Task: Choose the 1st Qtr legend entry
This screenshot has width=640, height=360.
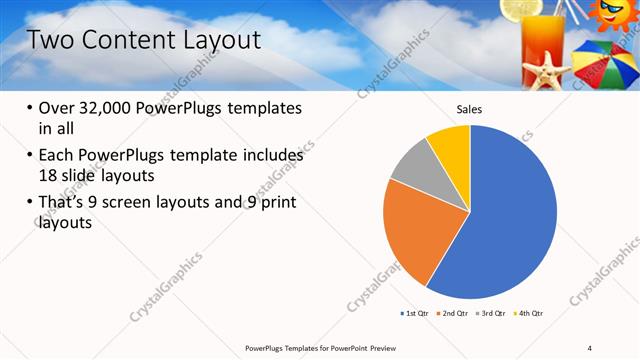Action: click(x=414, y=313)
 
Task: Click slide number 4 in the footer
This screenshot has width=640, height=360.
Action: click(x=590, y=347)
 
